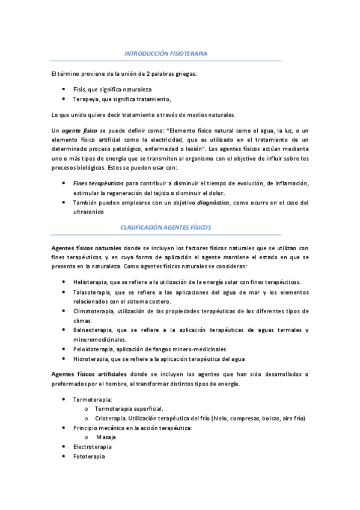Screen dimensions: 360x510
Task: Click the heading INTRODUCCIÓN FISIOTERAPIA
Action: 165,54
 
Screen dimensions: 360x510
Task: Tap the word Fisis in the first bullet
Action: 79,89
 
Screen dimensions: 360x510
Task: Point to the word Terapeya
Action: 84,99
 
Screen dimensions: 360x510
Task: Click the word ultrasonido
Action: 88,212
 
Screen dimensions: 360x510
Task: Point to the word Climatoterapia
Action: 93,311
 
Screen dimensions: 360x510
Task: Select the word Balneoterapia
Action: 92,330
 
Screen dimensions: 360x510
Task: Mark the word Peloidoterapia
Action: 92,349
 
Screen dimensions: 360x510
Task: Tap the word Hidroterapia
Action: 89,359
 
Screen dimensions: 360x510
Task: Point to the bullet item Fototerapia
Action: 88,456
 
